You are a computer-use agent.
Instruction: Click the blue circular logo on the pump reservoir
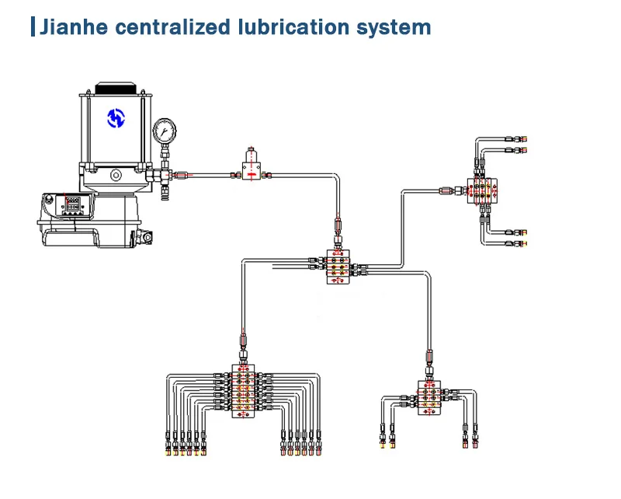pos(116,118)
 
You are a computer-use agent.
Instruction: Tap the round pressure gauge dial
pos(165,129)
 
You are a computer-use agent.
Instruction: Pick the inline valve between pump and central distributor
pos(250,165)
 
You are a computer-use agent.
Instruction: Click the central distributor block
pos(338,267)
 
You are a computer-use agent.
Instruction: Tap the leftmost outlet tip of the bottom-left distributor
pos(168,448)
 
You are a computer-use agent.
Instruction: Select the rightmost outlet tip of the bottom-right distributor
pos(474,445)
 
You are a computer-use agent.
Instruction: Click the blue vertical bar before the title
pos(33,27)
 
